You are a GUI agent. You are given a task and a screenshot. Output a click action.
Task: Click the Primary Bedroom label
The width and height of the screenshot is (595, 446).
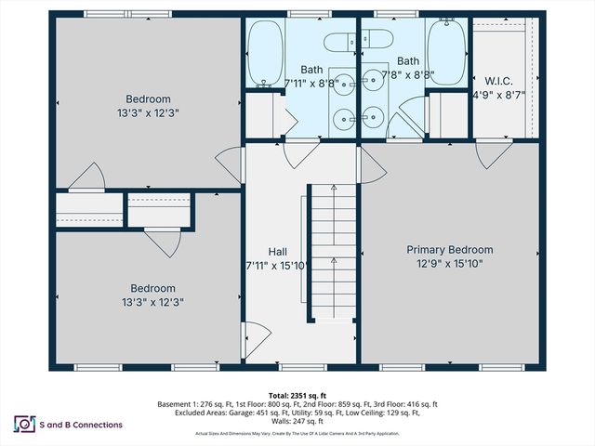[x=450, y=250]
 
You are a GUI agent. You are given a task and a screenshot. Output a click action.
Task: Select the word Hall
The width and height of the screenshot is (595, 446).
[x=277, y=251]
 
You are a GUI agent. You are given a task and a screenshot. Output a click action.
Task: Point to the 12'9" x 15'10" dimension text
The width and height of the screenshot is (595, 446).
[x=450, y=264]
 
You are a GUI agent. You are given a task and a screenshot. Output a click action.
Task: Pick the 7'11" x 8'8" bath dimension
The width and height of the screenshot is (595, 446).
[x=311, y=83]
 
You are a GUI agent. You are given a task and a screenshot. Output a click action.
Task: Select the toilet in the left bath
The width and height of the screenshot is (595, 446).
[x=342, y=40]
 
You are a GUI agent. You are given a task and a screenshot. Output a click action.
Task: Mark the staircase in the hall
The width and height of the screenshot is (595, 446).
[x=331, y=251]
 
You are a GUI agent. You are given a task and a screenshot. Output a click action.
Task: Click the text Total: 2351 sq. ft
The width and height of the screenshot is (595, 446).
[x=297, y=396]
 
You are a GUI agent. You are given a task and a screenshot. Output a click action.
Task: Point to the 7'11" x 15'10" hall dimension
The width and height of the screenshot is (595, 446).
[x=277, y=265]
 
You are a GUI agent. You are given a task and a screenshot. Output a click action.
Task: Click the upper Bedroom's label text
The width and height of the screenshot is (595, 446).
[x=149, y=98]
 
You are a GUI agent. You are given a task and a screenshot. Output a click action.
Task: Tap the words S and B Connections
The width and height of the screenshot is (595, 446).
[x=82, y=425]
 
